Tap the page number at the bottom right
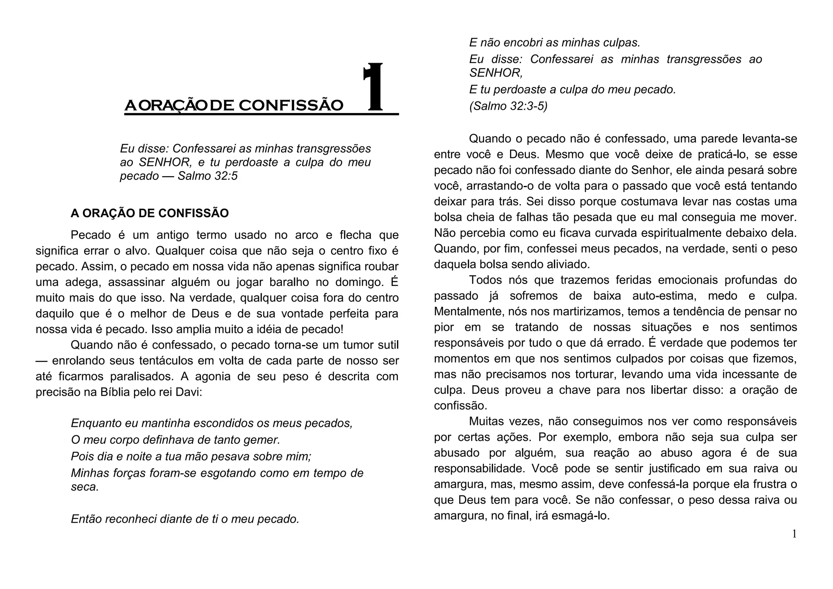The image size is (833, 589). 794,534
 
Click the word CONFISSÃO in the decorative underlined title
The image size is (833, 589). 291,105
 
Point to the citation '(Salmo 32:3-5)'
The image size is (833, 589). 508,106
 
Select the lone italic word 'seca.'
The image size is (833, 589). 85,487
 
